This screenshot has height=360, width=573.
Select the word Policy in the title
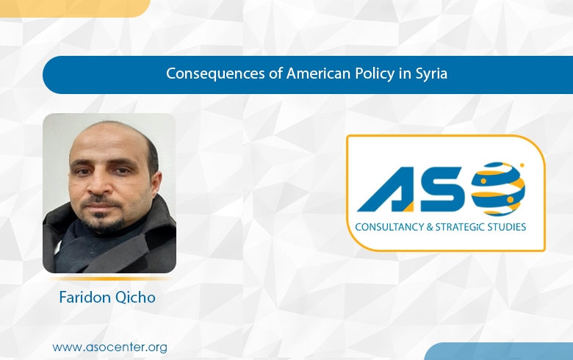coord(344,74)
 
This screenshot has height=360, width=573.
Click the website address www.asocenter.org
coord(109,345)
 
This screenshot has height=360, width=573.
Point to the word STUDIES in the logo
coord(509,227)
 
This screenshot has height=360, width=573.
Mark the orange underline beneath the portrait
coord(109,279)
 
